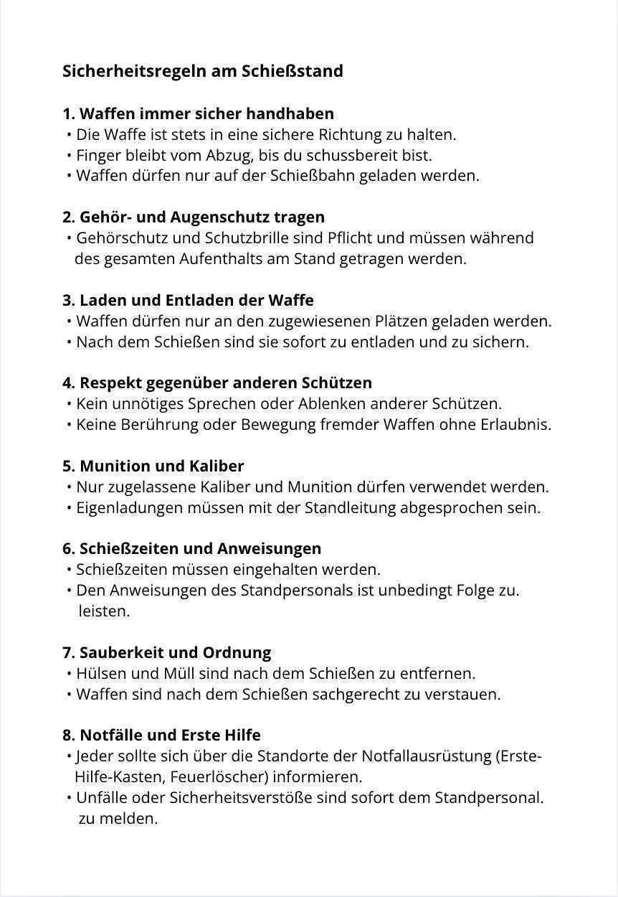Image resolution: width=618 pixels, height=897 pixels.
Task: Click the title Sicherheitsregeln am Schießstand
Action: coord(203,71)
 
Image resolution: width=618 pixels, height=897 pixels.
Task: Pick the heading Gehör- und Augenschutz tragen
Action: coord(194,217)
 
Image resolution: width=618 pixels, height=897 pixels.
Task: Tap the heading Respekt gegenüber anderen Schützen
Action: coord(217,382)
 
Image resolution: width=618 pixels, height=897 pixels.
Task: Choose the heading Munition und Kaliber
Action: coord(153,466)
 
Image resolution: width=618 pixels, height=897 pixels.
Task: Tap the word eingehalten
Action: coord(275,570)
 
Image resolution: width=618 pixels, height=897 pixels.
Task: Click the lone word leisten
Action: coord(104,611)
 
